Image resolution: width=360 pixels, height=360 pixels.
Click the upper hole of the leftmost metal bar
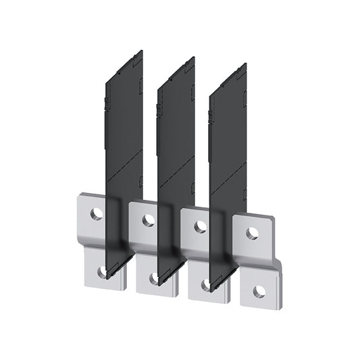point(97,214)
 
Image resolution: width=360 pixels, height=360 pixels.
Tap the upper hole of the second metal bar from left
point(149,220)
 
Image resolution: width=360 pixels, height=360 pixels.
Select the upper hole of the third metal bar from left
point(201,226)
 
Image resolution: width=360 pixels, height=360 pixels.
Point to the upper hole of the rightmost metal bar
point(253,233)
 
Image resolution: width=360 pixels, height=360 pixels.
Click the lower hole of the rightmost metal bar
point(259,292)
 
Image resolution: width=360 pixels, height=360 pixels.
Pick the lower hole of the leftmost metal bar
point(103,272)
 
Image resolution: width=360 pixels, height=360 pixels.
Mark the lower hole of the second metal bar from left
point(155,278)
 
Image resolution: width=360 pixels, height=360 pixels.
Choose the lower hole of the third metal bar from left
point(206,285)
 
